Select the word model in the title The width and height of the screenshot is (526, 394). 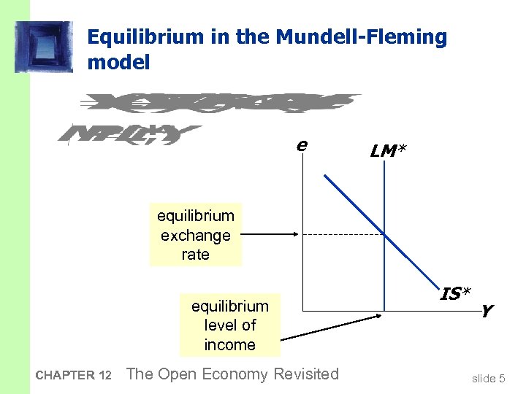[x=118, y=63]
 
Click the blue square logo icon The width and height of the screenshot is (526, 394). [x=45, y=47]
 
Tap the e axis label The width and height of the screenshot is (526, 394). [x=301, y=145]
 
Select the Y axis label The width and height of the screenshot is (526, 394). [x=487, y=312]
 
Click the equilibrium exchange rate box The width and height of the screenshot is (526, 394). [x=195, y=235]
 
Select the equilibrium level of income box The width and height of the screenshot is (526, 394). [x=229, y=325]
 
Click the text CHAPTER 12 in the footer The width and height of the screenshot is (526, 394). [x=73, y=376]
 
